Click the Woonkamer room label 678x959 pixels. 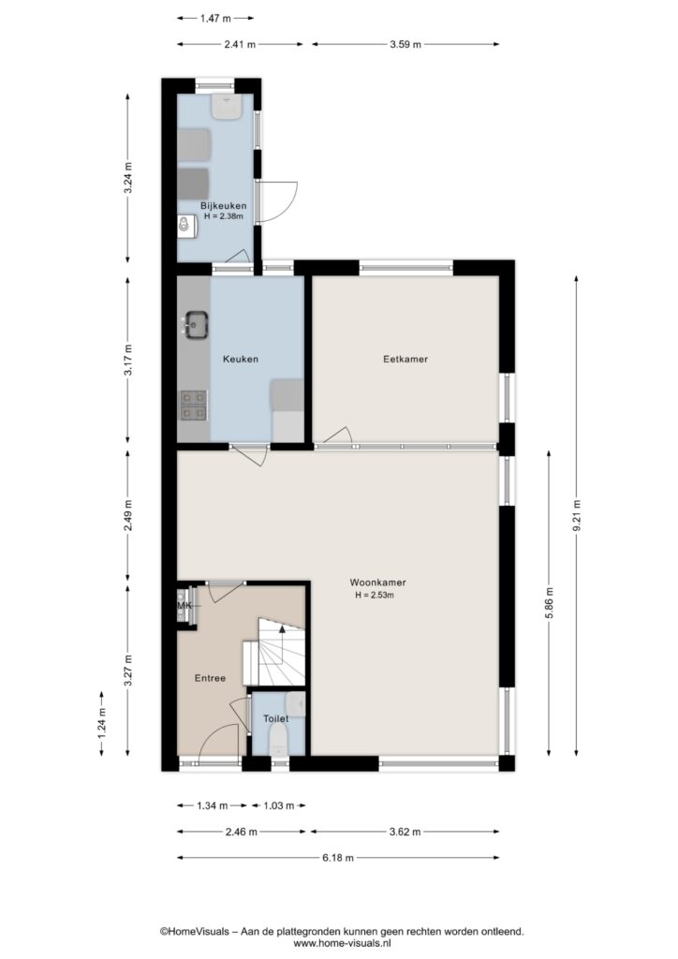point(377,583)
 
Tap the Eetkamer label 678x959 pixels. point(405,359)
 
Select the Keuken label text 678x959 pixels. point(241,359)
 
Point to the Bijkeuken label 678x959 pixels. point(223,206)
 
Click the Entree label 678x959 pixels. point(210,678)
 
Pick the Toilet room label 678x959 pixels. point(275,718)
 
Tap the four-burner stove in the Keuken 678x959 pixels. point(193,406)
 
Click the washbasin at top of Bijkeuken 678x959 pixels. point(227,107)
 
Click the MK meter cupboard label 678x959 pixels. point(184,606)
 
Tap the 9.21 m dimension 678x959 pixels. point(577,517)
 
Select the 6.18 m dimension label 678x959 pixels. point(338,858)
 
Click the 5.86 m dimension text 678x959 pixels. point(549,603)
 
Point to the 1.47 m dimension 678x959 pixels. point(215,19)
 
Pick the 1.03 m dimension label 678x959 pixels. point(278,805)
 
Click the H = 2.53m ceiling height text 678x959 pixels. point(375,595)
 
